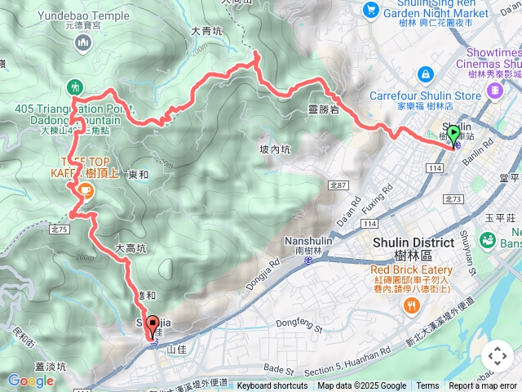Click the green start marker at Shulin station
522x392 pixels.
pyautogui.click(x=454, y=135)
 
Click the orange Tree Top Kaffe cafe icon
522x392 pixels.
pyautogui.click(x=85, y=190)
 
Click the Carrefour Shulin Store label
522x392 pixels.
pyautogui.click(x=425, y=96)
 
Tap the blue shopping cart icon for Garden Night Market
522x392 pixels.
pyautogui.click(x=372, y=10)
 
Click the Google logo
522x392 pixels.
pyautogui.click(x=30, y=381)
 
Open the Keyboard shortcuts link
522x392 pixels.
pyautogui.click(x=273, y=386)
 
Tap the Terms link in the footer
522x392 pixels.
pyautogui.click(x=427, y=386)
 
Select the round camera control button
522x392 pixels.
pyautogui.click(x=498, y=356)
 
